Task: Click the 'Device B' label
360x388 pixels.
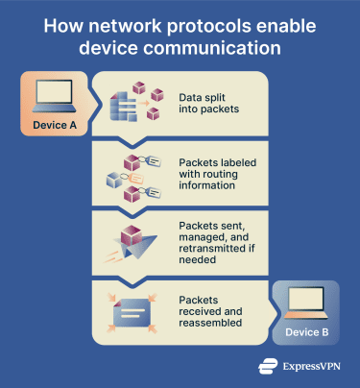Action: (x=306, y=332)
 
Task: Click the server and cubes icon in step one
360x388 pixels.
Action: (x=132, y=105)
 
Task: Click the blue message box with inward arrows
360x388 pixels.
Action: (x=132, y=308)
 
